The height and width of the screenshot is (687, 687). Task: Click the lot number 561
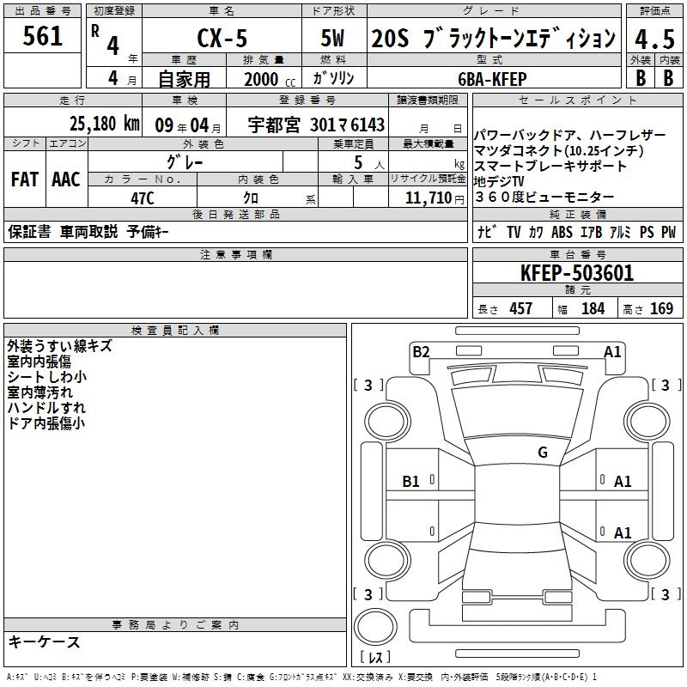(x=42, y=36)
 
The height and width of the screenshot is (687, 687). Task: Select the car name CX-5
(x=222, y=38)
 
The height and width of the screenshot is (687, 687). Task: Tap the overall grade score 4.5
(x=654, y=40)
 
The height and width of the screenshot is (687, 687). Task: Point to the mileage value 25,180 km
(x=104, y=124)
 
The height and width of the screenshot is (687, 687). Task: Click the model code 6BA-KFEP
(x=492, y=79)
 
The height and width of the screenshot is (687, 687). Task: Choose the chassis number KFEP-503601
(x=577, y=273)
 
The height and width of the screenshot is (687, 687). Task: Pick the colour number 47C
(x=143, y=198)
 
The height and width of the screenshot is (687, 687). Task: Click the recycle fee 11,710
(x=428, y=198)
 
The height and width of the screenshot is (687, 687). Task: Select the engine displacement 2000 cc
(x=270, y=80)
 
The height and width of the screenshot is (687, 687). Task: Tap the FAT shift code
(x=25, y=179)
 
